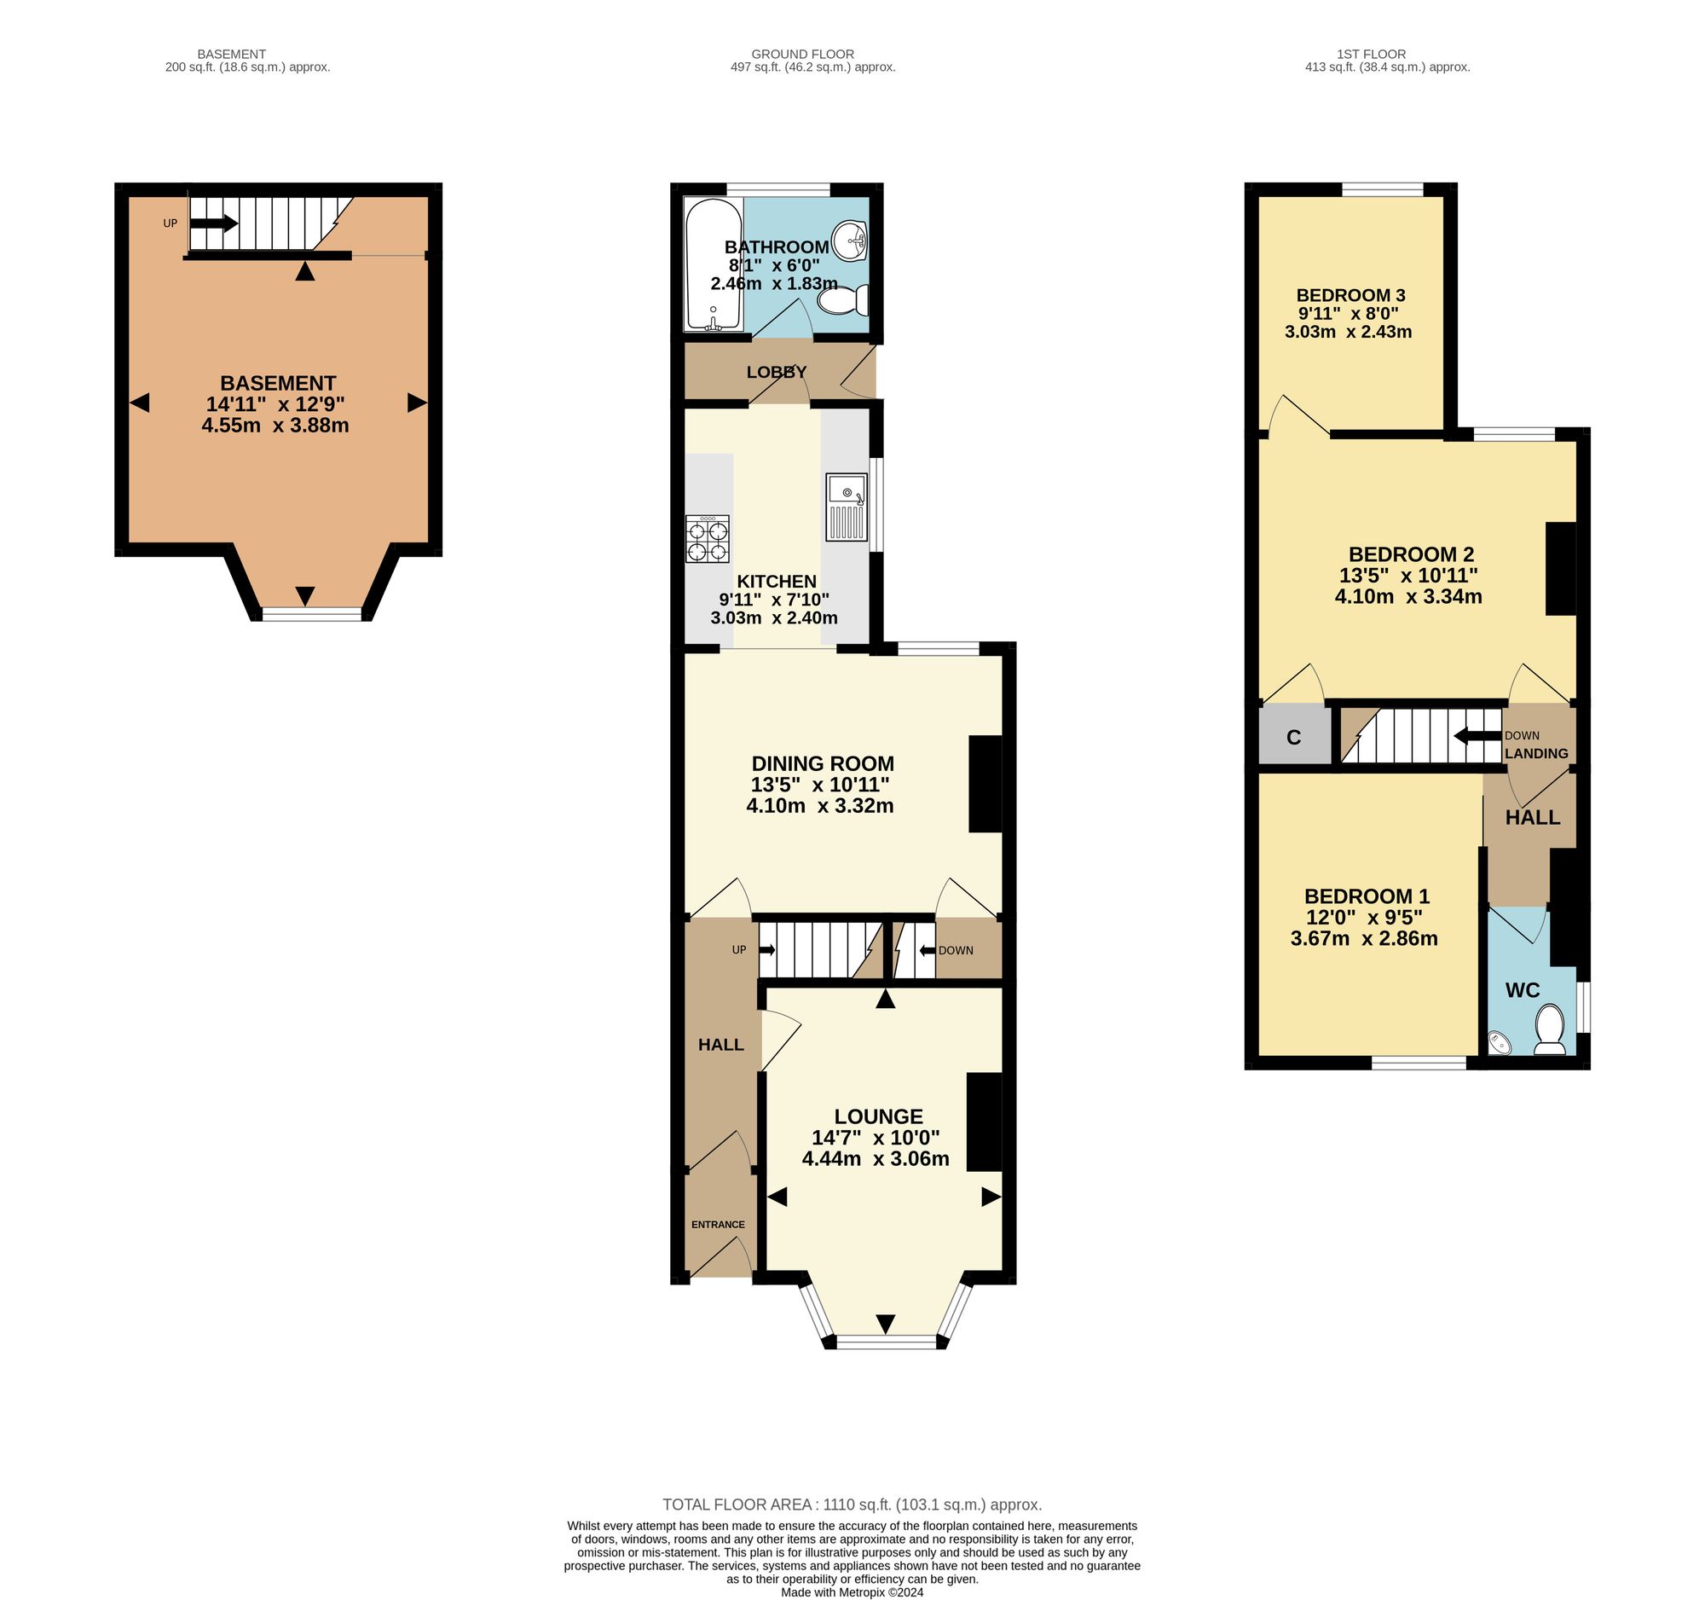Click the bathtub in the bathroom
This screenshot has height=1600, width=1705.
(x=714, y=264)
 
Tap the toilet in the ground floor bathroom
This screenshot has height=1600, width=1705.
(x=843, y=300)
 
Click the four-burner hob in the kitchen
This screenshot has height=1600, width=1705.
(x=708, y=539)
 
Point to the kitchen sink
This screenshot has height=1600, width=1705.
(x=847, y=506)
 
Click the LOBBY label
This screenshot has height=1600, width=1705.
(x=776, y=373)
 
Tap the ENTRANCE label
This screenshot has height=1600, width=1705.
(x=718, y=1224)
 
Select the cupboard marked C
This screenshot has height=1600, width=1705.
(x=1295, y=737)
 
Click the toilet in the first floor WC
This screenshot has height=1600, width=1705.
(x=1549, y=1029)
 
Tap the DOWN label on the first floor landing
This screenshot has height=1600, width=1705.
(x=1523, y=735)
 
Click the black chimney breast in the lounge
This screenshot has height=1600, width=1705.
(x=985, y=1122)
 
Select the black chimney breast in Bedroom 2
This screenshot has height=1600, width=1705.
(x=1561, y=569)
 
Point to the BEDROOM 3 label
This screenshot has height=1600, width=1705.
(x=1351, y=295)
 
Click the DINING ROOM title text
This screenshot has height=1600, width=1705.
(x=823, y=763)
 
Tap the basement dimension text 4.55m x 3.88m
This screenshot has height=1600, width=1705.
(x=275, y=426)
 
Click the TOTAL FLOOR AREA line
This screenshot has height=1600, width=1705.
(x=852, y=1504)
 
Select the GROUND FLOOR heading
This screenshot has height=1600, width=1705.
(x=803, y=54)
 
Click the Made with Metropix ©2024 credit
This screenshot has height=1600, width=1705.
(x=852, y=1591)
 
